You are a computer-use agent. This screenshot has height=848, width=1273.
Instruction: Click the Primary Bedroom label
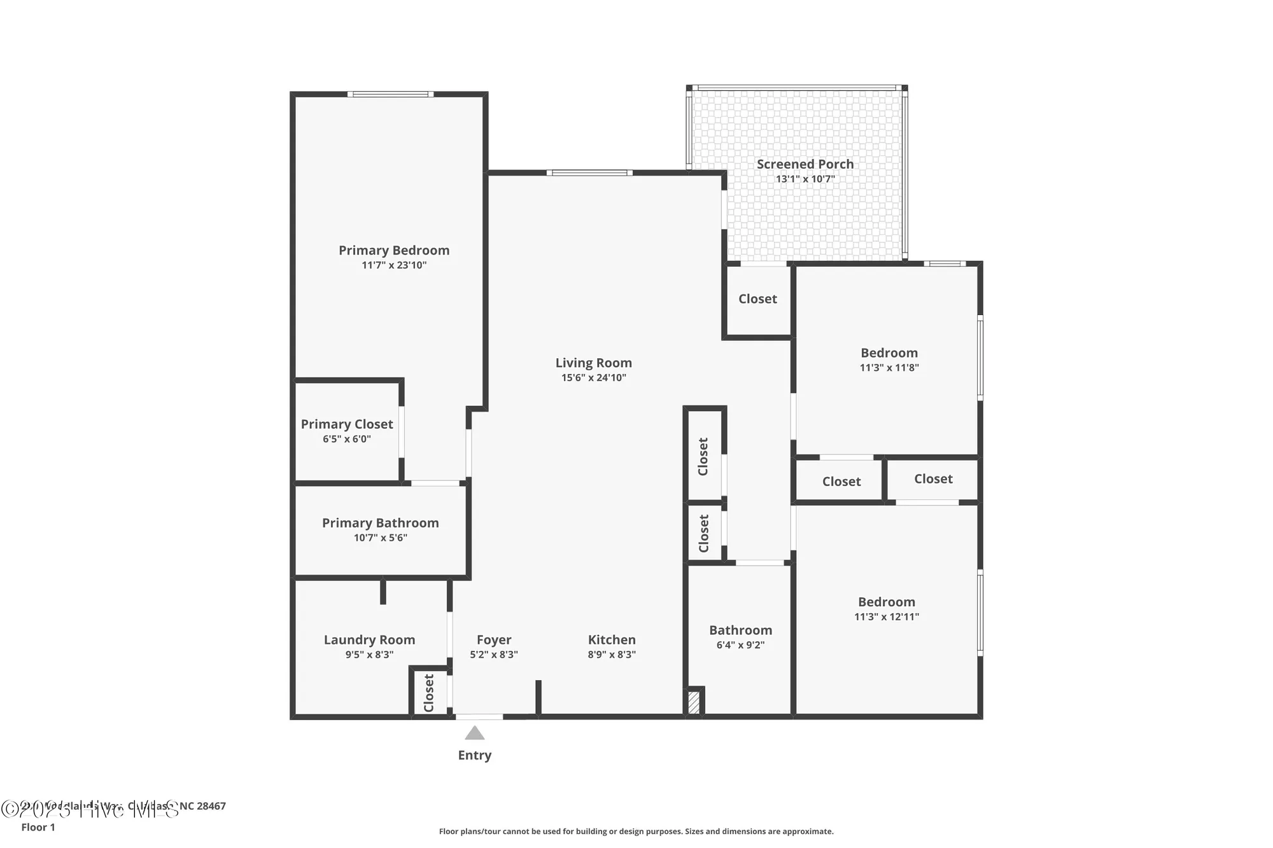(393, 250)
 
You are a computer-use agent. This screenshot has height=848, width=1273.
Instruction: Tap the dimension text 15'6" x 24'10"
(593, 378)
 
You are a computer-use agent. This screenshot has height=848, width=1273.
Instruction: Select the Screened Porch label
(805, 164)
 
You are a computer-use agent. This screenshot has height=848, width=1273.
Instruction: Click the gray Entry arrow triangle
(475, 733)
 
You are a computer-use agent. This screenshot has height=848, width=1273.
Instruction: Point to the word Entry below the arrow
(475, 755)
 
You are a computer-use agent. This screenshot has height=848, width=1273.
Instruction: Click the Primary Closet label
(347, 424)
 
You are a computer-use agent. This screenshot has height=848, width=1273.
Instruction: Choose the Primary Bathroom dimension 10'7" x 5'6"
(380, 538)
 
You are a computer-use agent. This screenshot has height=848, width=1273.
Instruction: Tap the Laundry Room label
(369, 640)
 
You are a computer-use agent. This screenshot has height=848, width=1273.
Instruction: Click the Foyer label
(494, 640)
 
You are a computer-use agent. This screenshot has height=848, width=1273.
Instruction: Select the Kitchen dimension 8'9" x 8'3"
(612, 655)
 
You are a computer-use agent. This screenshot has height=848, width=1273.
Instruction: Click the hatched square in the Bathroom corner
(694, 702)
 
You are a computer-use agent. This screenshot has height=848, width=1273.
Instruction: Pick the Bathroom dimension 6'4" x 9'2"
(740, 645)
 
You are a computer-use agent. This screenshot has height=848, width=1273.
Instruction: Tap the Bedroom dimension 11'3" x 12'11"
(886, 616)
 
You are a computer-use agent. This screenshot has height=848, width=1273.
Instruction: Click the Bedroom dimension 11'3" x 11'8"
(889, 368)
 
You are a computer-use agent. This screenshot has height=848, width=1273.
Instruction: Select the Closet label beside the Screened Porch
(757, 299)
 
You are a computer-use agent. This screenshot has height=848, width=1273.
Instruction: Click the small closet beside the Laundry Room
(428, 693)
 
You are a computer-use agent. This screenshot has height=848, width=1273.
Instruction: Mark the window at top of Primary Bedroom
(391, 94)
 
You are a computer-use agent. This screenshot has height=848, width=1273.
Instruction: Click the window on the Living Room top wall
(589, 172)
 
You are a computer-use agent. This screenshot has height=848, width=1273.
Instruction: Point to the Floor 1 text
(38, 827)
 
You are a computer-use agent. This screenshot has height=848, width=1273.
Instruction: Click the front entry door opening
(479, 717)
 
